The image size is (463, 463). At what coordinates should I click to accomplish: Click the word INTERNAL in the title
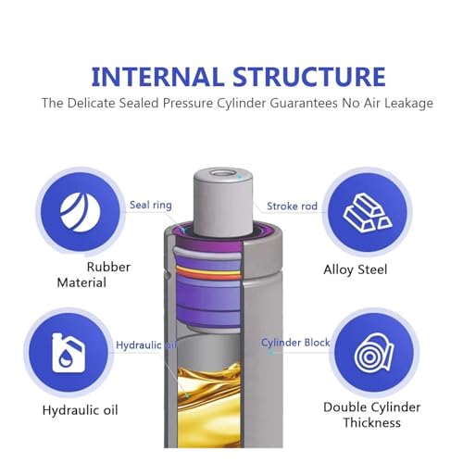coord(157,76)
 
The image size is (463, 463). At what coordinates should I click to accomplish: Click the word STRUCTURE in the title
coord(309,76)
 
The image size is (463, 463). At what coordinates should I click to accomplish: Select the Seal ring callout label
coord(151,205)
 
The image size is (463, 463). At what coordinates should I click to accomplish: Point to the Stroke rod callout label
coord(292,206)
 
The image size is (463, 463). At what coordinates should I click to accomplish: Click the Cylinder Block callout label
coord(295,343)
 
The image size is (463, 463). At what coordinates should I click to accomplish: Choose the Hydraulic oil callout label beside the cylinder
coord(146,344)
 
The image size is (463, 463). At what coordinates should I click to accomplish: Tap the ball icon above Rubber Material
coord(81,212)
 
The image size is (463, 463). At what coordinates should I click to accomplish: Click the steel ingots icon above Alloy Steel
coord(368,213)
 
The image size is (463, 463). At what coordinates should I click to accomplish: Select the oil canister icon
coord(69,352)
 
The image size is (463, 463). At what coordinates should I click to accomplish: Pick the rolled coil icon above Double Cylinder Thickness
coord(374,353)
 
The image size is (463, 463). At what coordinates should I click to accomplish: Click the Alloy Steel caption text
coord(355,269)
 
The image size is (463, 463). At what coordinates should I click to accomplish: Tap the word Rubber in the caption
coord(108,267)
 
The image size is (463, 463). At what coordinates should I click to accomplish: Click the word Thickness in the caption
coord(371,422)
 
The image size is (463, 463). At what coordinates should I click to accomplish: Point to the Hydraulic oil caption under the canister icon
coord(81,410)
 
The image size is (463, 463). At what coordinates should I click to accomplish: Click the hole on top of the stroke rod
coord(223,173)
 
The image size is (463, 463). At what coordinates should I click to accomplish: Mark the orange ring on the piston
coord(208,273)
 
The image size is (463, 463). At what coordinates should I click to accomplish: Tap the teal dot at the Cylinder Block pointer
coord(271,353)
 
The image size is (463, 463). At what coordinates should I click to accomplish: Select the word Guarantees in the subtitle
coord(304,103)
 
